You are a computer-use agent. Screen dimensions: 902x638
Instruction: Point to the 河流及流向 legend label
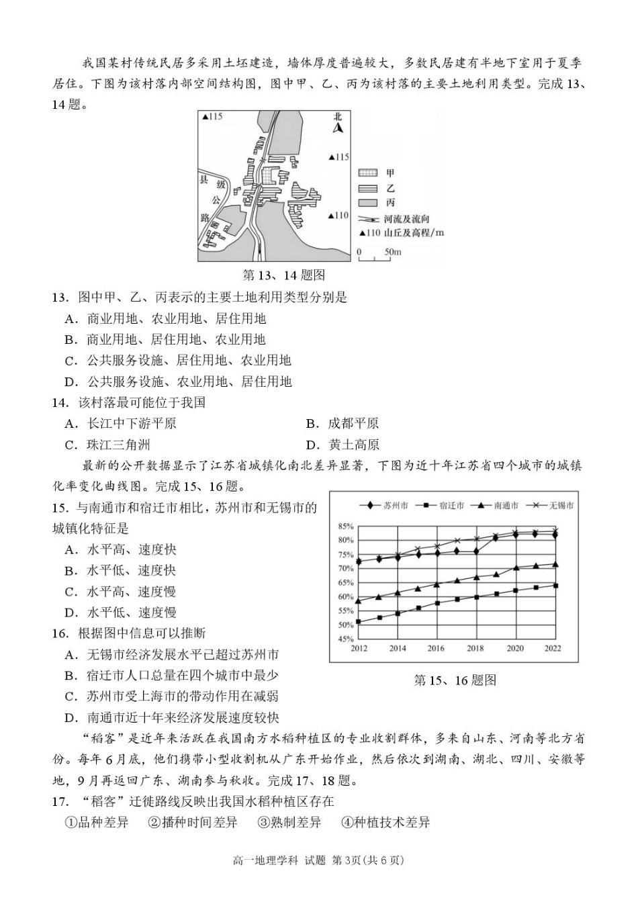[407, 219]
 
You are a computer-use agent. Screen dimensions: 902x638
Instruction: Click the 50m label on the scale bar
[392, 253]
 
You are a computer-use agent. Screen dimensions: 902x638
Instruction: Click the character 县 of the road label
[204, 179]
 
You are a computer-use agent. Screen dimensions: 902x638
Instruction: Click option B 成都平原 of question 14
[353, 424]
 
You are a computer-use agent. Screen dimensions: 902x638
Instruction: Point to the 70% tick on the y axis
[345, 569]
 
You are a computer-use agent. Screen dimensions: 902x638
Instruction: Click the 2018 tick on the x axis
[475, 649]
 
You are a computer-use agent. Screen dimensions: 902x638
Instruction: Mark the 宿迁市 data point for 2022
[555, 586]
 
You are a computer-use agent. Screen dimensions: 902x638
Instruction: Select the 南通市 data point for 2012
[359, 600]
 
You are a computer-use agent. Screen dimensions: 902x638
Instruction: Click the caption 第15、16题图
[455, 680]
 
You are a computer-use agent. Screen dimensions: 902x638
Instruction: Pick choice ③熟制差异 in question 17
[289, 823]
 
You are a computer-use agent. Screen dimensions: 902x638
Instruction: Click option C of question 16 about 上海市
[182, 696]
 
